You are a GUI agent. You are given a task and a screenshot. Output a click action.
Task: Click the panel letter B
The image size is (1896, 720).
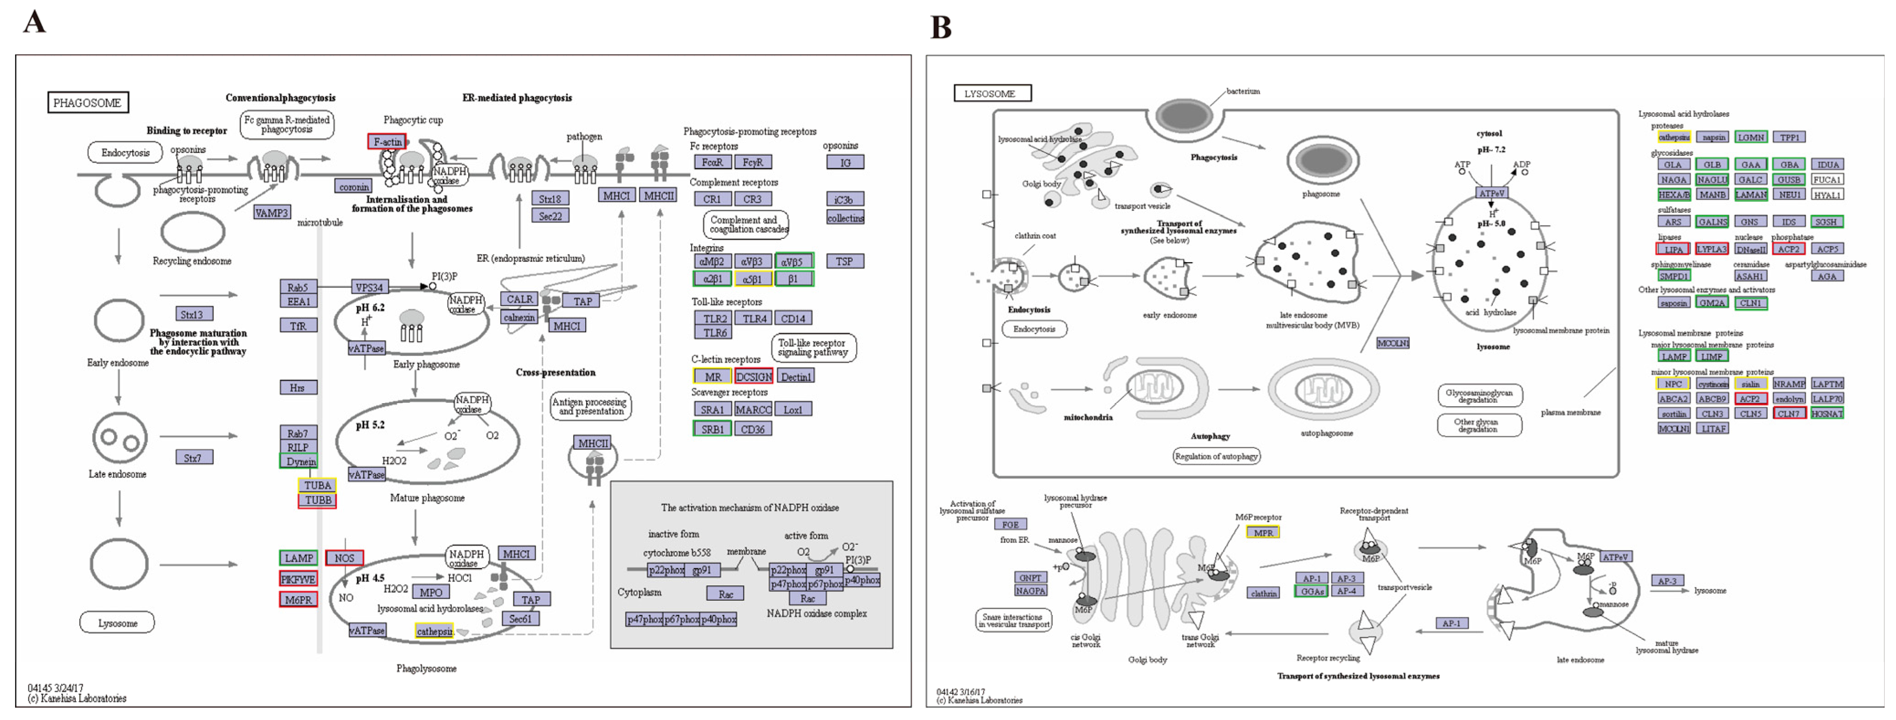[x=941, y=27]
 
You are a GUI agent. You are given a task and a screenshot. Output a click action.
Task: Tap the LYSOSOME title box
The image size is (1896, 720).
[x=991, y=94]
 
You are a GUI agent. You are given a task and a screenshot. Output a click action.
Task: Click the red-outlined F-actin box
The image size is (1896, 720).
[x=387, y=142]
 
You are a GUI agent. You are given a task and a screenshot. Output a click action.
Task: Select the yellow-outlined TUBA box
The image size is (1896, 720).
[x=317, y=485]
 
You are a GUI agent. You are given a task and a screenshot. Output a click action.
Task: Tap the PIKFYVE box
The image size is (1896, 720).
[x=298, y=579]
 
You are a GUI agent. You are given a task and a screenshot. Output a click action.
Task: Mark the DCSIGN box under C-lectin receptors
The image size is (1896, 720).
[x=754, y=376]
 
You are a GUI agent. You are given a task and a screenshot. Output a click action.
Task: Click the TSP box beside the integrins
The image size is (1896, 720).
[x=844, y=261]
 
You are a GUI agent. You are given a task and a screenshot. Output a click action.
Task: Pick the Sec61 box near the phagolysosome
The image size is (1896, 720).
[x=520, y=618]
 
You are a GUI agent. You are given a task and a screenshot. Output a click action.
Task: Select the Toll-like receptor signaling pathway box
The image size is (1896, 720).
[x=812, y=347]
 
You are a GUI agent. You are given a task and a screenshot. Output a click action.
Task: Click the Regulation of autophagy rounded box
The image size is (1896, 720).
[x=1216, y=456]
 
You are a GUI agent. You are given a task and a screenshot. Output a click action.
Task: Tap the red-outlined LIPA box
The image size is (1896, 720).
[x=1673, y=249]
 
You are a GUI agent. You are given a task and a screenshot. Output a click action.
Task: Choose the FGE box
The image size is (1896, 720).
[x=1010, y=524]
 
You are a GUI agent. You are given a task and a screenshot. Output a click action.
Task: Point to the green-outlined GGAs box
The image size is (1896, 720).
[x=1312, y=591]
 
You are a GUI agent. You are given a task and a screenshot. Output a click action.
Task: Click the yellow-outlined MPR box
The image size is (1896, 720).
[x=1263, y=532]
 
